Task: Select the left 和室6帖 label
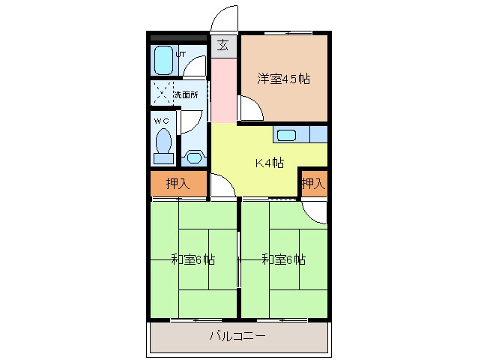pos(193,260)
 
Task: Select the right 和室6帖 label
pos(283,260)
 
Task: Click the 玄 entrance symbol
pos(223,45)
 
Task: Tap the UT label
pos(181,54)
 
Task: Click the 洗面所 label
pos(186,95)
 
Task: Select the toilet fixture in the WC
pos(163,145)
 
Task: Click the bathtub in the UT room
pos(163,61)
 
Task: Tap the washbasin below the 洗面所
pos(195,157)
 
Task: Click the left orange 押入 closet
pos(177,184)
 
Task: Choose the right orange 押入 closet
pos(313,184)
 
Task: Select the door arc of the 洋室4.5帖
pos(252,109)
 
